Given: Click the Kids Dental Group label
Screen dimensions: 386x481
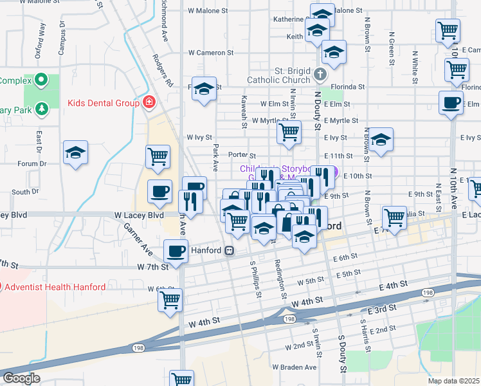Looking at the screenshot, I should click(x=104, y=103).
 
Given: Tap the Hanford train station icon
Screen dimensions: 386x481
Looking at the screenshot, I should click(x=229, y=251).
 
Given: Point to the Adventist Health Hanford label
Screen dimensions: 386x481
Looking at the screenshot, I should click(x=55, y=287).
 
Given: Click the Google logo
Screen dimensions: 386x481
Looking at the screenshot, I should click(x=21, y=378).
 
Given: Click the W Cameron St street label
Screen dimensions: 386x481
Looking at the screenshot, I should click(x=208, y=53).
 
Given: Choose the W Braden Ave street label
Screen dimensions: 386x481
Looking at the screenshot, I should click(x=295, y=367).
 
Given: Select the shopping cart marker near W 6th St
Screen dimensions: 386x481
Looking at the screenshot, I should click(x=170, y=299).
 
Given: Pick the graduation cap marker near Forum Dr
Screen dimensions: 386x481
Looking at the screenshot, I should click(x=76, y=152).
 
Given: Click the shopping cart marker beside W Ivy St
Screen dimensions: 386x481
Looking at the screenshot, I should click(x=289, y=132).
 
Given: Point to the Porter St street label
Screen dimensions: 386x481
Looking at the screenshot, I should click(x=242, y=155).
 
